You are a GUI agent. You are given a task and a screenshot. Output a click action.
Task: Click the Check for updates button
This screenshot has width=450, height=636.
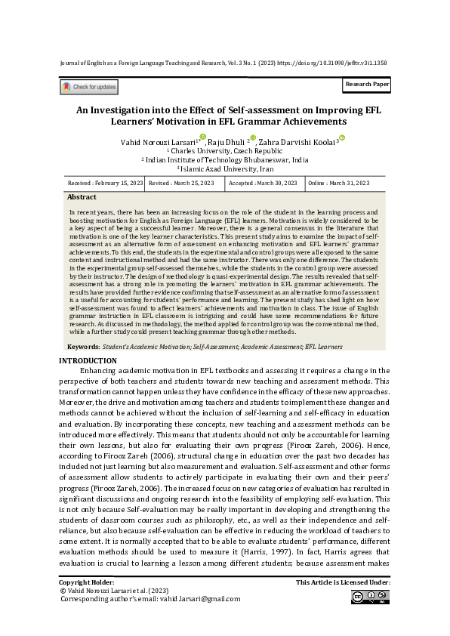[x=89, y=88]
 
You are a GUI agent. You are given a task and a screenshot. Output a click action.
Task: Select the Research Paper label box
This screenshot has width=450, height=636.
[x=367, y=85]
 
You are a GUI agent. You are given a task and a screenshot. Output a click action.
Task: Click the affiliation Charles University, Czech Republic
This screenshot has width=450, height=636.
[x=224, y=151]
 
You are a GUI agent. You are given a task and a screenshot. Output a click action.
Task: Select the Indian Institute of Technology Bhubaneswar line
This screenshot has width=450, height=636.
[x=224, y=160]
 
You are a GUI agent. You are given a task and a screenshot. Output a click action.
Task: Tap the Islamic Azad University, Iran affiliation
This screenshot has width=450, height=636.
[x=224, y=169]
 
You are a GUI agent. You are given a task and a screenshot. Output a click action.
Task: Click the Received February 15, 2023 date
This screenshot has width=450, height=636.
[x=105, y=184]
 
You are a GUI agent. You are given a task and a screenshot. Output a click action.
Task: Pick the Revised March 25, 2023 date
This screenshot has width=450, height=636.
[x=181, y=184]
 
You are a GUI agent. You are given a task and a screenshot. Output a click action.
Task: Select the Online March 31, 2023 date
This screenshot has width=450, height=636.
[x=339, y=184]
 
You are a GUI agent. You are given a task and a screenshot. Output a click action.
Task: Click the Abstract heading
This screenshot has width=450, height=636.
[x=82, y=196]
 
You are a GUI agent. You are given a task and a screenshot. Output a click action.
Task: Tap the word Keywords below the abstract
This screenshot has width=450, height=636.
[x=82, y=347]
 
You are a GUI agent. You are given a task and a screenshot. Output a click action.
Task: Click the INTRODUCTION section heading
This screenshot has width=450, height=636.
[x=88, y=360]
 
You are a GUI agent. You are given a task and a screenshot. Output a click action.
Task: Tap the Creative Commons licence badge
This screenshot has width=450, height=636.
[x=370, y=597]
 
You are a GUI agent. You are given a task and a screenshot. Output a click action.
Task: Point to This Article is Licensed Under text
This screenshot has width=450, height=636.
[x=343, y=583]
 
